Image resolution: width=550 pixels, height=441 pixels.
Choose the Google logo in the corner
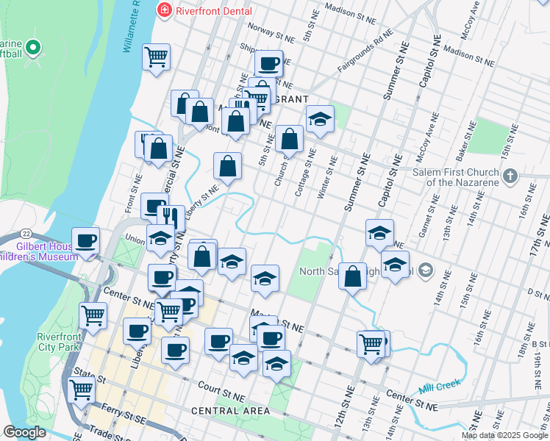click(25, 433)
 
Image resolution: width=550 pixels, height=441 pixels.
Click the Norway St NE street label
click(270, 34)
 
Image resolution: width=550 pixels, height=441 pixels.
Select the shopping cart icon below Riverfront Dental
click(156, 56)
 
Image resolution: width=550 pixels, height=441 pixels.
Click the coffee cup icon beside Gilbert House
click(86, 240)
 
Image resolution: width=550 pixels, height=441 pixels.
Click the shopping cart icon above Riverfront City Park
click(93, 315)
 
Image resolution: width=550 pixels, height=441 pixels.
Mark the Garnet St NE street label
click(426, 210)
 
